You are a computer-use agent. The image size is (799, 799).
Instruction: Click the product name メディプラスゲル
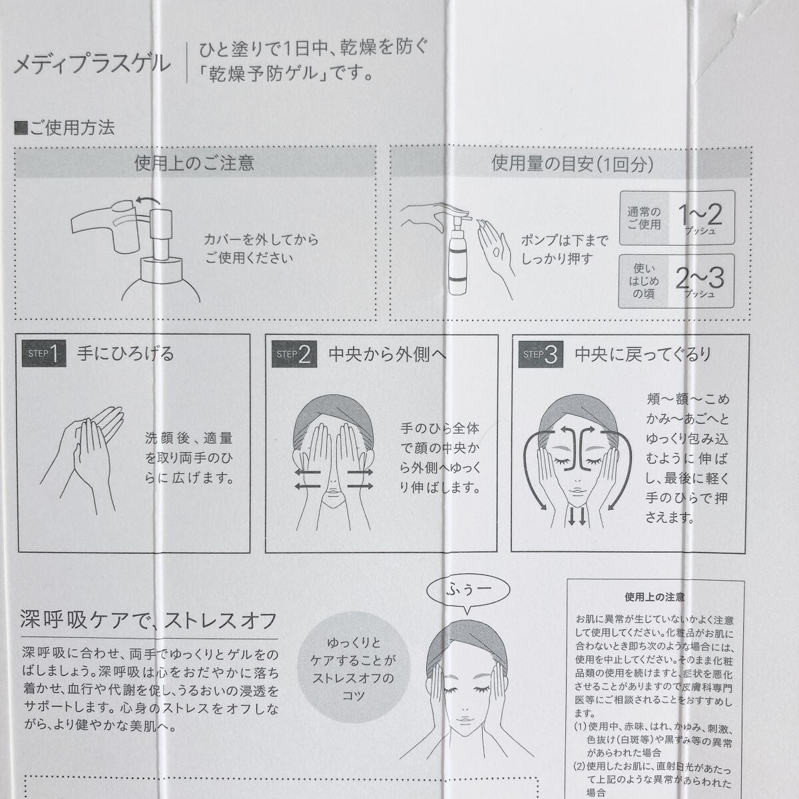(92, 65)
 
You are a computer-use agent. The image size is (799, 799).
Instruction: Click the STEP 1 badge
(44, 354)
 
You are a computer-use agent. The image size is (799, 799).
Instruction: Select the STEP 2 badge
(294, 354)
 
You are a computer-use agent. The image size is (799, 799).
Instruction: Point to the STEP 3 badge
(541, 354)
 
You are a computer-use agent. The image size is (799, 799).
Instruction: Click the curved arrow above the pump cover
(148, 202)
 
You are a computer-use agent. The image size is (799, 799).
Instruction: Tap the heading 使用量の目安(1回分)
(572, 164)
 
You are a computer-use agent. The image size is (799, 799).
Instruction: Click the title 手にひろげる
(125, 354)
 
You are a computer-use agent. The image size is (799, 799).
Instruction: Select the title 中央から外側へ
(387, 354)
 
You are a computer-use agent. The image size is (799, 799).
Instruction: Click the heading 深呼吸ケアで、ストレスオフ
(148, 621)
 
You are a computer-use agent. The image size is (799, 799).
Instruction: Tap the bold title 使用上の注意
(655, 597)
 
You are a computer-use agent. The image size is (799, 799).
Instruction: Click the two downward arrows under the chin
(577, 517)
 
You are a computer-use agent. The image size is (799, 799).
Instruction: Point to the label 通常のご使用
(644, 218)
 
